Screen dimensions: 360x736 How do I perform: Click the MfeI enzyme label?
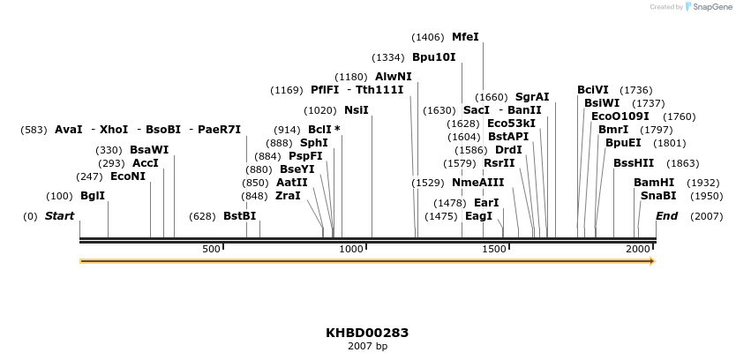(465, 37)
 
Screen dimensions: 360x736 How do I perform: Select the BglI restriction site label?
(92, 196)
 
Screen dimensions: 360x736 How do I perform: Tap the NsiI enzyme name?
(356, 110)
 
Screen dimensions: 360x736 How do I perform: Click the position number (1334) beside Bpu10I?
(388, 57)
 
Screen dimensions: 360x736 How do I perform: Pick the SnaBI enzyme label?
(657, 196)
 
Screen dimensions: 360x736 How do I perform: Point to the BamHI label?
(653, 183)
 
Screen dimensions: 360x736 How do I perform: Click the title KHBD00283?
(367, 333)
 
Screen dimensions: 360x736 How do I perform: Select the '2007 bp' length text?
(367, 347)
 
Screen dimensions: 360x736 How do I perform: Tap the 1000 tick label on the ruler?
(351, 250)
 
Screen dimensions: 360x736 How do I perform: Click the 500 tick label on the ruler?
(211, 250)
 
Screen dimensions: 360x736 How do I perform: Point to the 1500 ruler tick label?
(495, 250)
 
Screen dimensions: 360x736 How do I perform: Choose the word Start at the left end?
(59, 216)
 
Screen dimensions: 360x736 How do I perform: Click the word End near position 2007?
(666, 216)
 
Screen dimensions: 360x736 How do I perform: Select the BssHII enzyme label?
(634, 163)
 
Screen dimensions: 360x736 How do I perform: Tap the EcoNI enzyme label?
(127, 176)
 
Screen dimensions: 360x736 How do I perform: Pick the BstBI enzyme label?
(239, 216)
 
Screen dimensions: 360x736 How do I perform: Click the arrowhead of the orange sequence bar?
(652, 261)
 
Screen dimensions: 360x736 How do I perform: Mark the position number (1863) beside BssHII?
(682, 163)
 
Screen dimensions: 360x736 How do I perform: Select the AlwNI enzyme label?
(393, 77)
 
